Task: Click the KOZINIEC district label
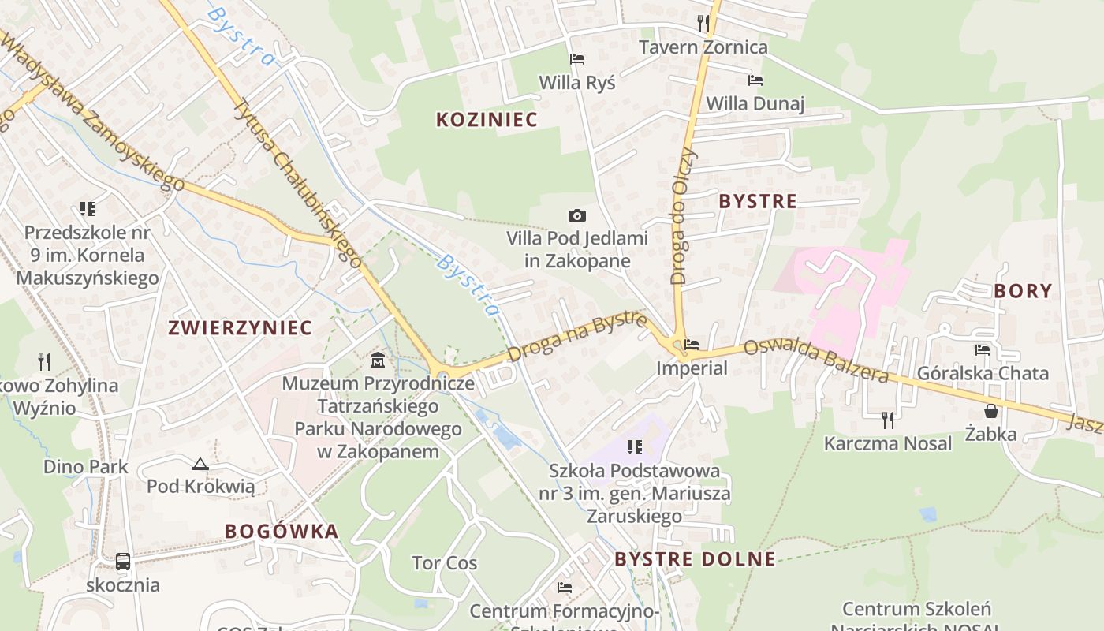click(x=487, y=120)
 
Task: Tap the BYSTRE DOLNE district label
click(x=695, y=559)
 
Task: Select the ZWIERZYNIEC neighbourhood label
click(x=240, y=327)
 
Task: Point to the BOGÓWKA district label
click(x=282, y=531)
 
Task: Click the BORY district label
click(x=1023, y=291)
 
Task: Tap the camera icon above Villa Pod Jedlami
click(x=577, y=215)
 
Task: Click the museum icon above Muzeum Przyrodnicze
click(x=378, y=360)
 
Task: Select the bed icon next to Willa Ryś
click(x=577, y=59)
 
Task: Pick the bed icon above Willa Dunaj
click(x=755, y=80)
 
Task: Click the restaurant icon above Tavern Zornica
click(x=703, y=24)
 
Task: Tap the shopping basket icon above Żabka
click(x=991, y=411)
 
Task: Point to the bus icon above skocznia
click(x=123, y=562)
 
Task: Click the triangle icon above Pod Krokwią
click(x=200, y=465)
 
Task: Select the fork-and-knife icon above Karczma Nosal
click(x=888, y=420)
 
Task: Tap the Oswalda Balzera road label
click(x=815, y=361)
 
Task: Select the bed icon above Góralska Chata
click(x=982, y=350)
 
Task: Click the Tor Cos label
click(x=444, y=563)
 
